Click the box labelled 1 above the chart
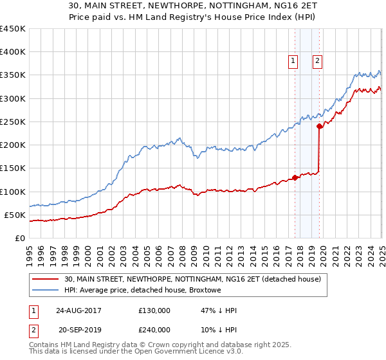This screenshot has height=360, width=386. click(x=293, y=61)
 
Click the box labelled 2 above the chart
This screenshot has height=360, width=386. click(x=318, y=61)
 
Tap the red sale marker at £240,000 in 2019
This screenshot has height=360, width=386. click(x=320, y=126)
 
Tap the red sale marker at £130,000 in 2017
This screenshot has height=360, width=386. click(x=295, y=177)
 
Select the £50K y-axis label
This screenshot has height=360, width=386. click(x=15, y=215)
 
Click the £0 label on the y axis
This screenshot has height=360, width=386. click(x=19, y=238)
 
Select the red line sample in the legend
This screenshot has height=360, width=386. click(x=45, y=278)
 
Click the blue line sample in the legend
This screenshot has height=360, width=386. click(x=45, y=290)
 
